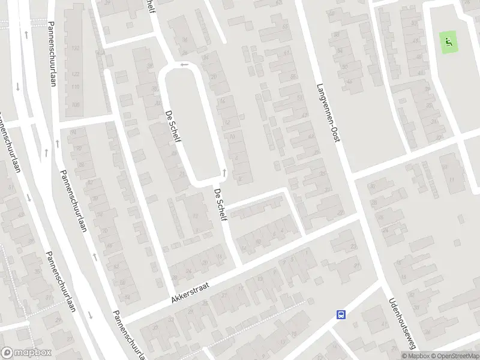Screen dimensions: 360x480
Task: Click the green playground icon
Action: [x=448, y=41]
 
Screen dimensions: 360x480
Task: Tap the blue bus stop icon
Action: [x=341, y=314]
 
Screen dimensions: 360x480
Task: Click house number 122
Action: [x=76, y=74]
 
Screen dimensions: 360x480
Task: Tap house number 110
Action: [x=76, y=87]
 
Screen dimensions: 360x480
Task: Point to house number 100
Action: [x=76, y=104]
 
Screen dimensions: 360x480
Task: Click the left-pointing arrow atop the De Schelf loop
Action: [x=184, y=64]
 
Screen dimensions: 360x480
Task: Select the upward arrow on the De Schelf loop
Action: [x=224, y=173]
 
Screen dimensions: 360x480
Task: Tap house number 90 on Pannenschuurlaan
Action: [x=79, y=147]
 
